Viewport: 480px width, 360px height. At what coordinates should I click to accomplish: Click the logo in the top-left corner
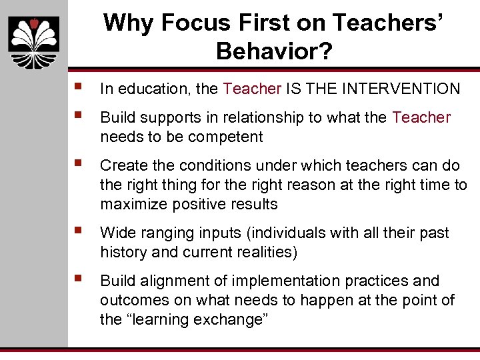click(x=33, y=39)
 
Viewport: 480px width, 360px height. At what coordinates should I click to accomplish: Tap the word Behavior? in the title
click(x=274, y=51)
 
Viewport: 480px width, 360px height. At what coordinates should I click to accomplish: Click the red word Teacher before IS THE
click(x=253, y=89)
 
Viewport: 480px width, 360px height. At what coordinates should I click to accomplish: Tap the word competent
click(x=227, y=137)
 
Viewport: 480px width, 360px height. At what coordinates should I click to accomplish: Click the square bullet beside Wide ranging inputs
click(x=80, y=231)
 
